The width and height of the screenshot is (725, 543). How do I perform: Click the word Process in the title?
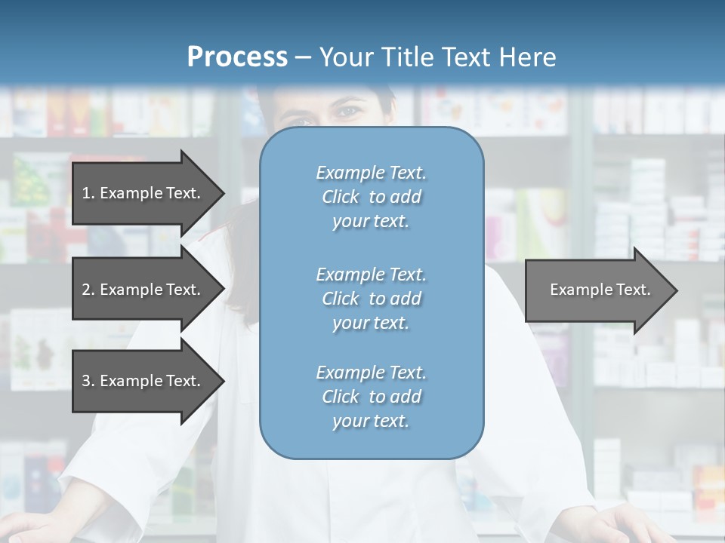[237, 57]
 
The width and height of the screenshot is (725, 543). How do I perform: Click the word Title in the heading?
[406, 57]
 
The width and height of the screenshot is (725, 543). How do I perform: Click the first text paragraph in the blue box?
[371, 197]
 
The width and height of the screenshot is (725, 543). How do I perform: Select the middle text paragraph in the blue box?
[371, 299]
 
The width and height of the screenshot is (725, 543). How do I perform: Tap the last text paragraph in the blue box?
[371, 397]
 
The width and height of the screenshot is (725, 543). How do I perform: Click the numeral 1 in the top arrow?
[86, 193]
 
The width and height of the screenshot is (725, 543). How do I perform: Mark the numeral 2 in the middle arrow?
[86, 290]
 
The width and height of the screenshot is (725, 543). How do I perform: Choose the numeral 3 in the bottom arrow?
[86, 381]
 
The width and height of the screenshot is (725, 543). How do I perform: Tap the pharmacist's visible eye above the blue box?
[348, 112]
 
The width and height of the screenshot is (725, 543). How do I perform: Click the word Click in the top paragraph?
[341, 197]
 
